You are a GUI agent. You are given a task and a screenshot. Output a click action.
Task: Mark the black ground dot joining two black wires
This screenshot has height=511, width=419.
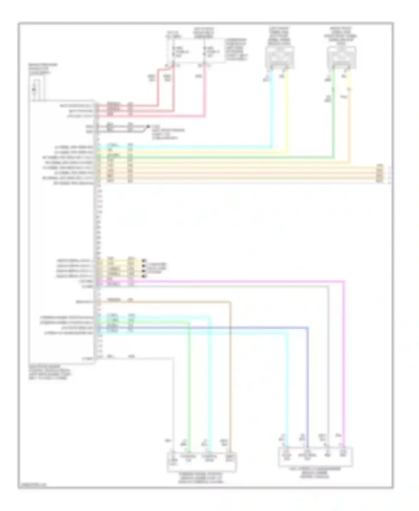(x=148, y=126)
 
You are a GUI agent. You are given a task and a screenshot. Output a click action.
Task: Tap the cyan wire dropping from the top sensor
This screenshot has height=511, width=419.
(x=272, y=112)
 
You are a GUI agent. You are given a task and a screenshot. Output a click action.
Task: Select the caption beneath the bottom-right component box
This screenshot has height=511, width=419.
(x=315, y=473)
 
